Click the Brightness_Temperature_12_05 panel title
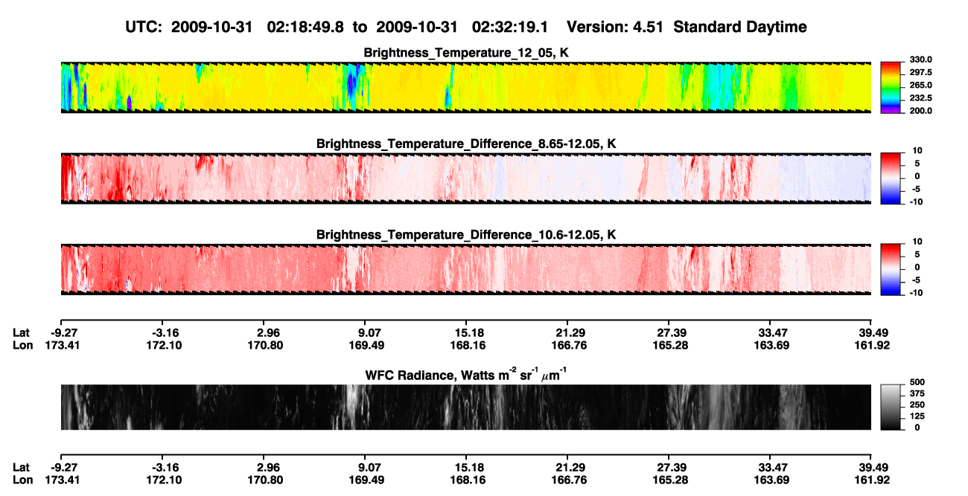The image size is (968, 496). (x=466, y=53)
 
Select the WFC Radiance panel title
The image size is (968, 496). (x=466, y=374)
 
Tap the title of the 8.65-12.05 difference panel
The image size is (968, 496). (x=466, y=144)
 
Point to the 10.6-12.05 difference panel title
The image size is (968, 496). (x=466, y=235)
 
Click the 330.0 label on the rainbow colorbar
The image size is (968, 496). (x=920, y=59)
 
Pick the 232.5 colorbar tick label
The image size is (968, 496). (x=920, y=98)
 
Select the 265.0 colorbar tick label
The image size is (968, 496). (x=920, y=85)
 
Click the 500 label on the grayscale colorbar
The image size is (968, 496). (x=917, y=382)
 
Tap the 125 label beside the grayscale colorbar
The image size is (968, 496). (x=917, y=416)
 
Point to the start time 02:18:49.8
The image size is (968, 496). (x=305, y=28)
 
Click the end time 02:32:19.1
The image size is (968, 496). (x=510, y=28)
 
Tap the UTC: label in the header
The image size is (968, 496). (x=144, y=28)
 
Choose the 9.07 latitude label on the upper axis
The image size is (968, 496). (x=367, y=333)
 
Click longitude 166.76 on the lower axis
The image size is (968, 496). (x=569, y=480)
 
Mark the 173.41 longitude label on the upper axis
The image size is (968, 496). (x=63, y=345)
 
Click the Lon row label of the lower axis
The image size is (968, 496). (x=23, y=480)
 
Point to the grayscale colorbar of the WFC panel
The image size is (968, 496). (x=891, y=408)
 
